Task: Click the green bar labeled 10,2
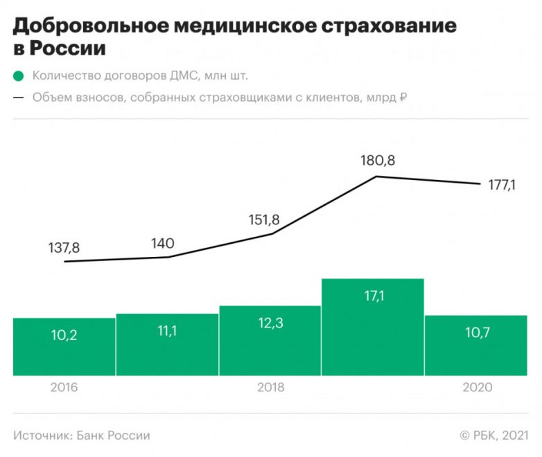click(64, 346)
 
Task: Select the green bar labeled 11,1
click(167, 344)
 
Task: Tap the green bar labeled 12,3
click(270, 340)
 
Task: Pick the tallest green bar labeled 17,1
click(373, 327)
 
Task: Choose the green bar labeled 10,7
click(475, 345)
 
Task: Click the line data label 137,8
click(64, 247)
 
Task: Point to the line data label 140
click(162, 243)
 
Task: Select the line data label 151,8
click(264, 219)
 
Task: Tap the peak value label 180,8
click(378, 161)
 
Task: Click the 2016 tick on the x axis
click(64, 387)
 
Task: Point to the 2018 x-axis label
click(270, 387)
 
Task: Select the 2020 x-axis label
click(477, 387)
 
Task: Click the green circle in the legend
click(19, 76)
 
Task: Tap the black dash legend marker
click(19, 98)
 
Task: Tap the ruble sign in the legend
click(402, 98)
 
